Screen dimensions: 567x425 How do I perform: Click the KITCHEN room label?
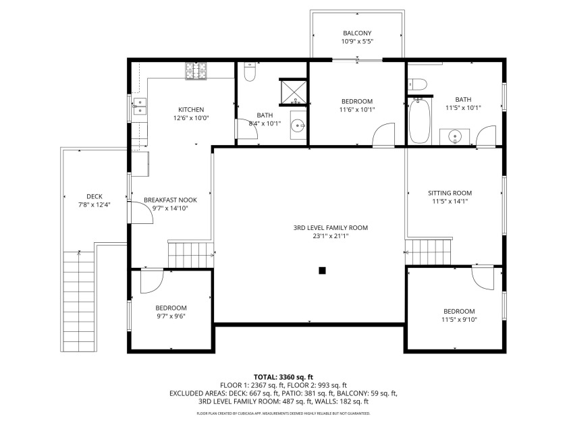coord(191,109)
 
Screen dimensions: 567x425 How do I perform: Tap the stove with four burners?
coord(196,71)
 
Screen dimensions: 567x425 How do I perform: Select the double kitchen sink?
coord(140,107)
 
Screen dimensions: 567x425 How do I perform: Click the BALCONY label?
coord(357,33)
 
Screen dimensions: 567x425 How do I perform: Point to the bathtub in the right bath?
coord(419,121)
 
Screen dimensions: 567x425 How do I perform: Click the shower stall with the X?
coord(294,92)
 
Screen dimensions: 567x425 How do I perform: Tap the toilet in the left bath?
coord(250,72)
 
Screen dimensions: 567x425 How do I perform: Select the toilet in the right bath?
coord(417,84)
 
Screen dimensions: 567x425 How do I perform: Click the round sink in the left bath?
coord(298,125)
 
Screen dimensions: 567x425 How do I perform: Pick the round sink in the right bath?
coord(454,136)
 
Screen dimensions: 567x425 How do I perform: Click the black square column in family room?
coord(322,271)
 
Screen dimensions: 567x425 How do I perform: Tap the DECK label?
coord(94,196)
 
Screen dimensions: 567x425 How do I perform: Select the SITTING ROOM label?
coord(450,193)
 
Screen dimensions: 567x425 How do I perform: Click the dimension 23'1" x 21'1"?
coord(331,236)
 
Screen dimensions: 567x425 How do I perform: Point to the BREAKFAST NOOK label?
coord(170,200)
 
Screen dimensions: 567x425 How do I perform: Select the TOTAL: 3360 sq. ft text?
coord(283,377)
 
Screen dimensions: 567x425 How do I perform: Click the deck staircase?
coord(79,302)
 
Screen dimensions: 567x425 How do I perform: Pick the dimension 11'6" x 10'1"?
coord(357,110)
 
